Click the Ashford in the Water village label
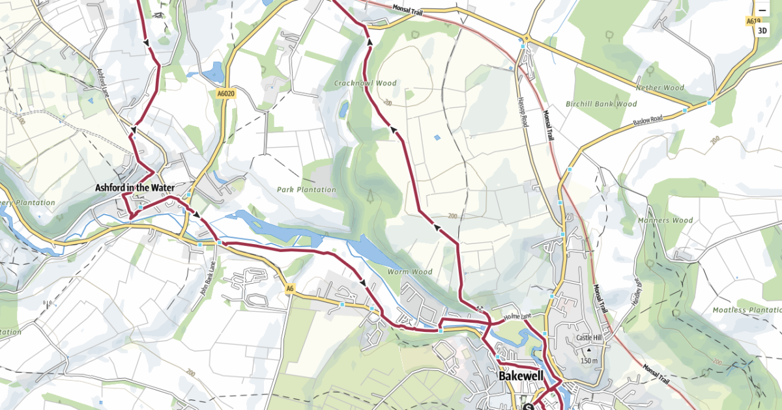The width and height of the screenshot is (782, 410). pos(135,187)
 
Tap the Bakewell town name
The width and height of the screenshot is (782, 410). pos(521,376)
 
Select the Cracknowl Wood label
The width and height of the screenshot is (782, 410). pos(366,83)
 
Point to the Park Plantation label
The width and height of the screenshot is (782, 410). pos(306,190)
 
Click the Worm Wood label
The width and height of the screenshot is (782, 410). pos(410,271)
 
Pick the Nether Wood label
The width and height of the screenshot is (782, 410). pos(661,87)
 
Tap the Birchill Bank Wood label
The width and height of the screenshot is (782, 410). pos(601,103)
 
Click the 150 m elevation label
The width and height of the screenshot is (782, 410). pos(588,361)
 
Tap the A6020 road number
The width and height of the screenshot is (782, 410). pos(225,94)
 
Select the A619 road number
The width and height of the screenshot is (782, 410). pos(754,21)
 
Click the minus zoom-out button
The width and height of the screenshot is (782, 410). pos(762,10)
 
